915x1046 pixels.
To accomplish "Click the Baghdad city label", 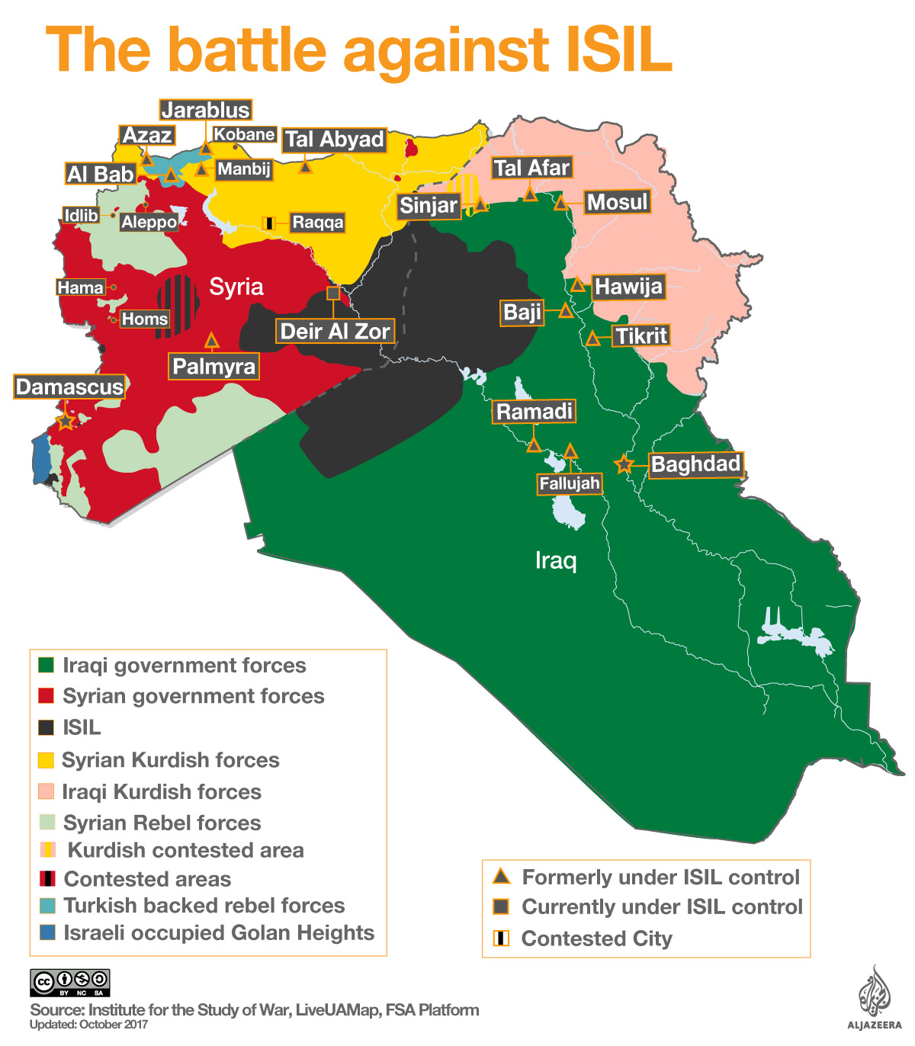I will point(695,464).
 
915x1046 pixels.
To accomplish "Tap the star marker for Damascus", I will point(66,421).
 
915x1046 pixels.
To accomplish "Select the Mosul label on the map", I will point(617,202).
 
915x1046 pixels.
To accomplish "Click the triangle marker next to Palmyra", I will point(212,341).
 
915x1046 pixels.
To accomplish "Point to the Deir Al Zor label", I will point(335,331).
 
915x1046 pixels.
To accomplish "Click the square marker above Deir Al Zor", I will point(333,293).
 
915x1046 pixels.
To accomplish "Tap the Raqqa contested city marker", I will point(268,223).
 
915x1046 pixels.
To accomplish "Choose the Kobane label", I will point(244,134).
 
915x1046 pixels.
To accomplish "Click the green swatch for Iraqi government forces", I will point(47,665).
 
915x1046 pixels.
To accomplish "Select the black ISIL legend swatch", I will point(47,727).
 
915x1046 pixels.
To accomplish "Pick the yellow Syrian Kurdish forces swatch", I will point(47,759).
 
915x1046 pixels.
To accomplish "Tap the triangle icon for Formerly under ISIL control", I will point(501,876).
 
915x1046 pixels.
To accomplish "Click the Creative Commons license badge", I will point(70,982).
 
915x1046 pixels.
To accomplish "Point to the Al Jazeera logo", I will point(874,999).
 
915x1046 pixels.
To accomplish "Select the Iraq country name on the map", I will point(556,560).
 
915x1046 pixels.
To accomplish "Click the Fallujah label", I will point(570,483).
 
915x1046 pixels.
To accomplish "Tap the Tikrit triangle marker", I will point(593,339).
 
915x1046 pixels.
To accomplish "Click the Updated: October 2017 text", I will point(89,1025).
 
